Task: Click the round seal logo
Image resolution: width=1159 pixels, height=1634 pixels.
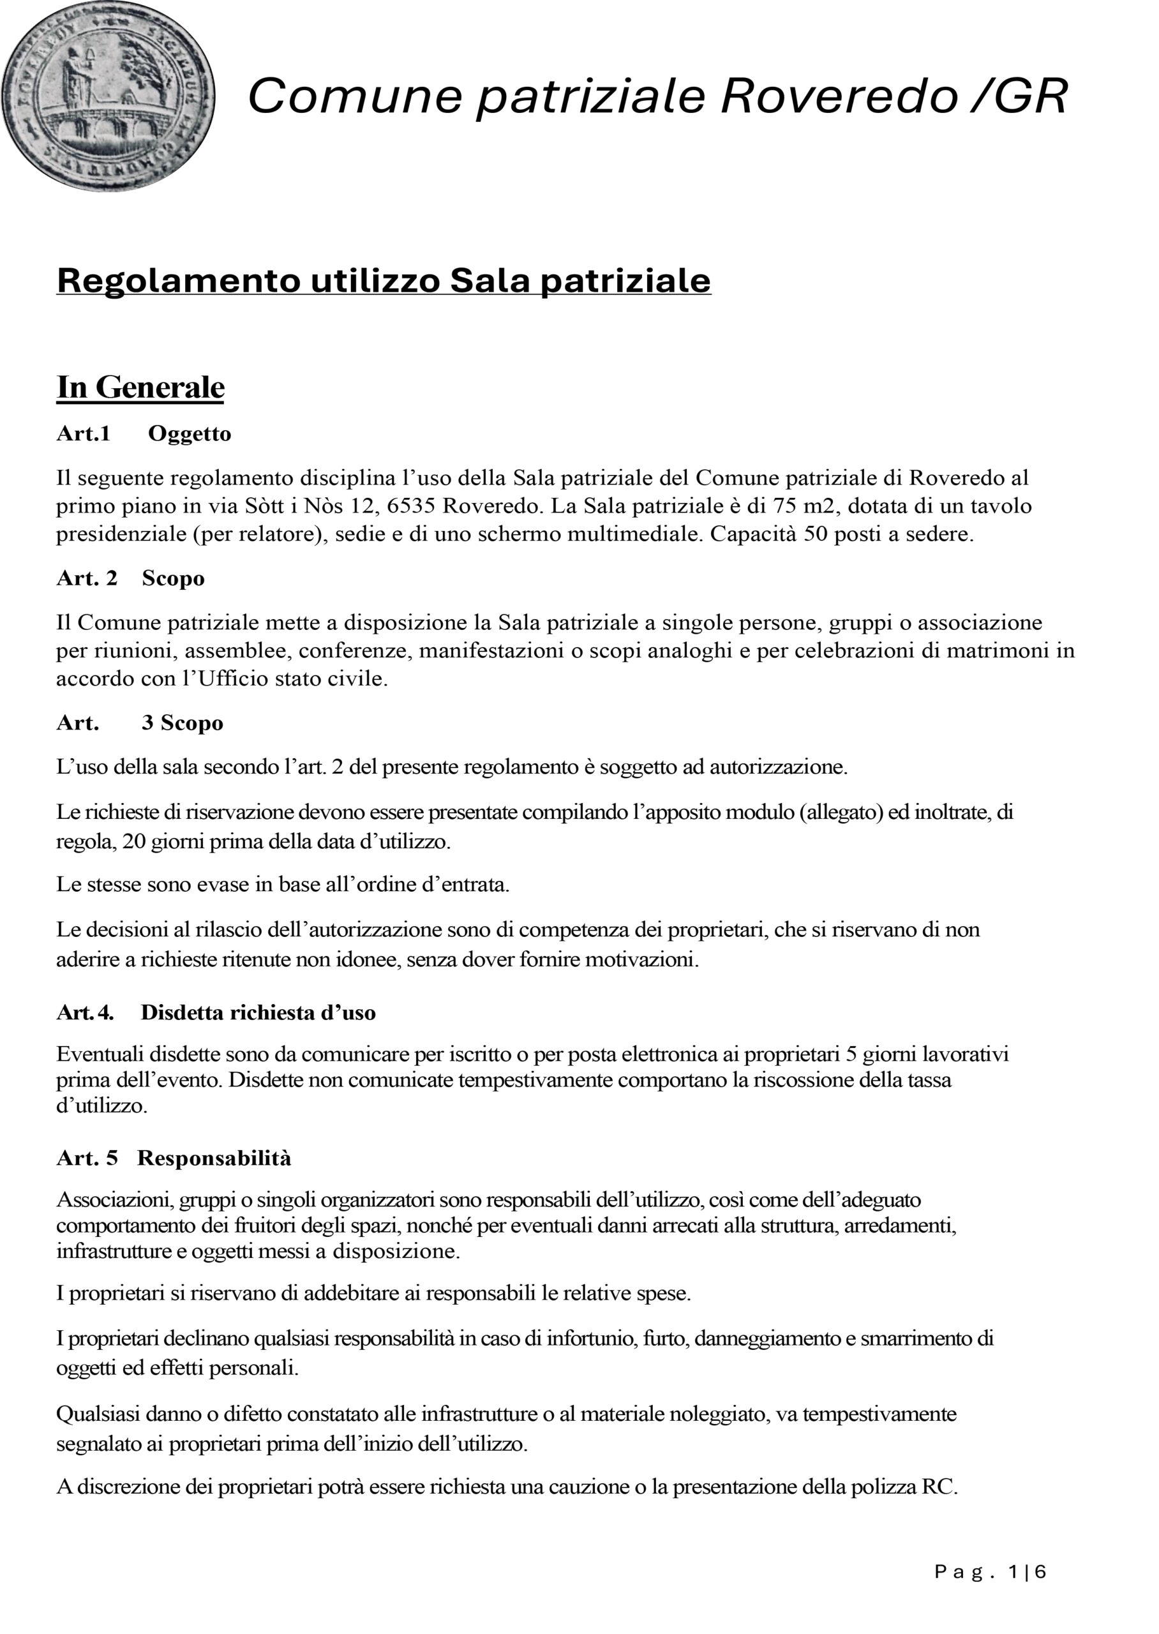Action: click(108, 97)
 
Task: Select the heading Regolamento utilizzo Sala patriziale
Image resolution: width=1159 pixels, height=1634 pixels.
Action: click(383, 280)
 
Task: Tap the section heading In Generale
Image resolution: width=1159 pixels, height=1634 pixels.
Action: click(140, 387)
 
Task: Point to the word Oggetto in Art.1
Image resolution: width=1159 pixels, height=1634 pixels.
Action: click(189, 434)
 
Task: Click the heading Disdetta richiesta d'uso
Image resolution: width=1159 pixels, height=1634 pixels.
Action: click(258, 1012)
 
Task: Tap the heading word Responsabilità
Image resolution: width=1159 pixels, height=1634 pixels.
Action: click(214, 1158)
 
